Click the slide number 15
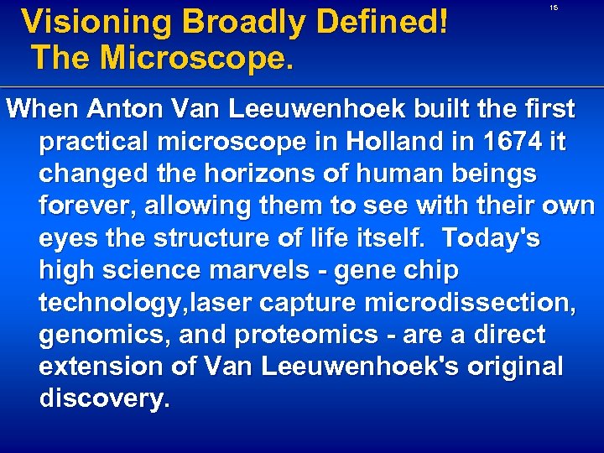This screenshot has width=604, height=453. pos(554,8)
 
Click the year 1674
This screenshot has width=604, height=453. pos(511,141)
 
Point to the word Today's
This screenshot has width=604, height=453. pos(492,238)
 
